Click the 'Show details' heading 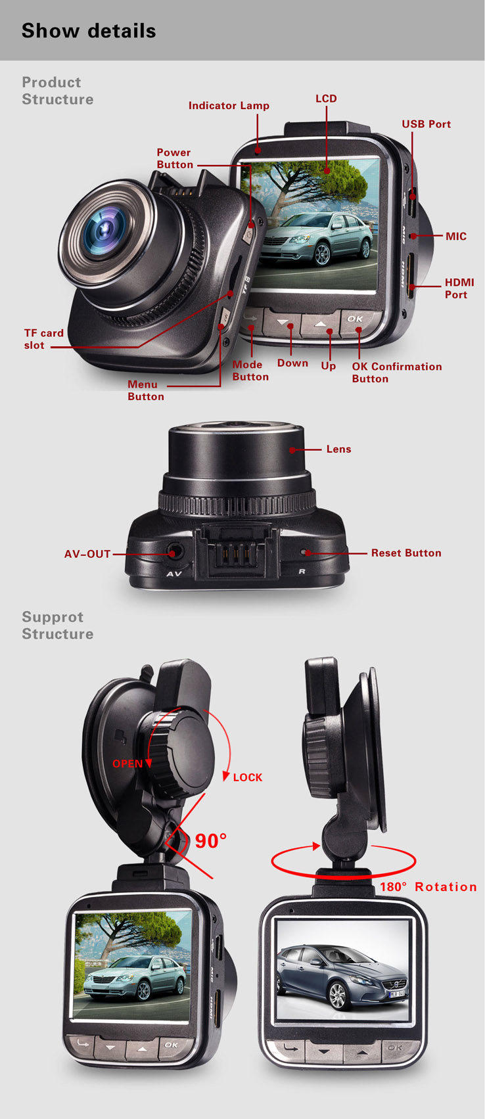point(89,31)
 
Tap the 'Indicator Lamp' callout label point(229,106)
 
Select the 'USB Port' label point(426,124)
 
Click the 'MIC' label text point(456,237)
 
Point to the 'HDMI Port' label point(459,288)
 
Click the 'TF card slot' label point(44,339)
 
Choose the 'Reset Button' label point(406,553)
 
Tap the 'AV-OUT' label point(87,554)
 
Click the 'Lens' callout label point(338,449)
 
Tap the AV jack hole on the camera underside point(172,553)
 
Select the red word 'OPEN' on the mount point(127,764)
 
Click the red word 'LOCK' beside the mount point(248,777)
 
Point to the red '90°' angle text point(211,841)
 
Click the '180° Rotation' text point(428,886)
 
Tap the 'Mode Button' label point(250,371)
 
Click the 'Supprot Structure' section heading point(57,626)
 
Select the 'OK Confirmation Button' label point(396,373)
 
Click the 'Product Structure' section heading point(57,91)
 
